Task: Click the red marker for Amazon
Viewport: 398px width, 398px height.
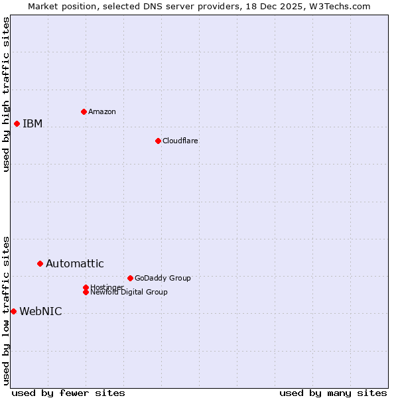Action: pyautogui.click(x=84, y=111)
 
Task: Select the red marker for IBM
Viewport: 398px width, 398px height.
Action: pyautogui.click(x=17, y=123)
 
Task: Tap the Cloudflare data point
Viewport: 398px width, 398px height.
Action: pyautogui.click(x=158, y=141)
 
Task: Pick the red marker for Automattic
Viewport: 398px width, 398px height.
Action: pyautogui.click(x=40, y=263)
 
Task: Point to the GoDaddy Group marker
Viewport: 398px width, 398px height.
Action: pyautogui.click(x=130, y=278)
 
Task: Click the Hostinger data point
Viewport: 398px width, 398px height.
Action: pyautogui.click(x=86, y=287)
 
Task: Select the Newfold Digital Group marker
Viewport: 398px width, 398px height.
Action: pyautogui.click(x=86, y=292)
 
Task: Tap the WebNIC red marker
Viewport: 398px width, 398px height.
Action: pyautogui.click(x=13, y=311)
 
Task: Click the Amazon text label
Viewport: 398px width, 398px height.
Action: pyautogui.click(x=101, y=111)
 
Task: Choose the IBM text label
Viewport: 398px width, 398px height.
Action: pyautogui.click(x=33, y=124)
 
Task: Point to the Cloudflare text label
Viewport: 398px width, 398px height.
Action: pyautogui.click(x=180, y=141)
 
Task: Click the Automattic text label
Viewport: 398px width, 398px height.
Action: pyautogui.click(x=74, y=264)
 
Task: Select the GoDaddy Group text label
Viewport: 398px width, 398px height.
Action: pyautogui.click(x=162, y=278)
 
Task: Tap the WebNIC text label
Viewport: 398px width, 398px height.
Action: pyautogui.click(x=40, y=312)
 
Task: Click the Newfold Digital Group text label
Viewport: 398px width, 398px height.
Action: pyautogui.click(x=129, y=293)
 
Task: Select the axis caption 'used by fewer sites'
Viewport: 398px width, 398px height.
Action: pyautogui.click(x=68, y=393)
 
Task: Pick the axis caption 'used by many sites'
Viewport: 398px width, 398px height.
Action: pyautogui.click(x=333, y=393)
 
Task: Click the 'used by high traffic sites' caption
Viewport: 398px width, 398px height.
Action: pyautogui.click(x=6, y=94)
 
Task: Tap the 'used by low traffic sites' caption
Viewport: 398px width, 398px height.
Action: pyautogui.click(x=6, y=310)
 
